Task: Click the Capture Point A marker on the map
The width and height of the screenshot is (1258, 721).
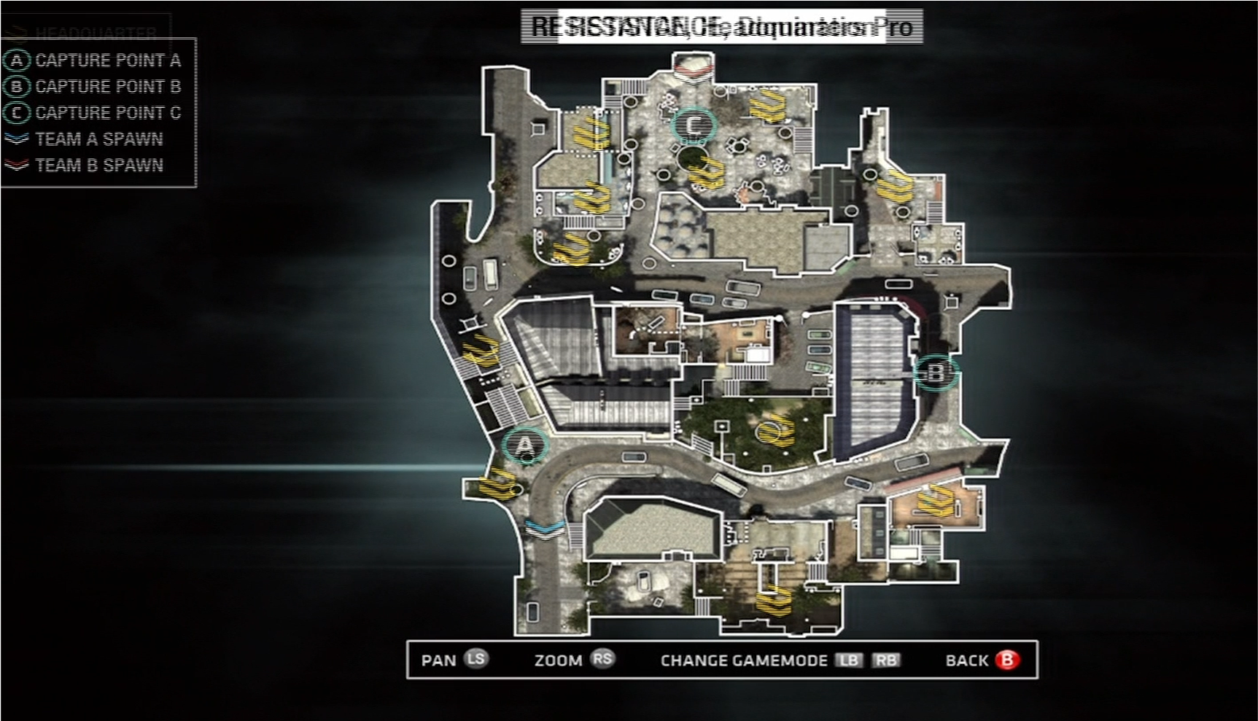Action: [525, 445]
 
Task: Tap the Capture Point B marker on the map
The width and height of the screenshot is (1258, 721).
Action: [936, 373]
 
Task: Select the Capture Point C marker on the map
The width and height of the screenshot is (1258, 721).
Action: [694, 126]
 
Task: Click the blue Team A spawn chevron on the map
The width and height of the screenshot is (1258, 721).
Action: [544, 527]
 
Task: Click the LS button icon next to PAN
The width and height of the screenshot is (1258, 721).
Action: [475, 659]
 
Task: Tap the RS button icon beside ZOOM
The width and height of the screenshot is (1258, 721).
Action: [602, 659]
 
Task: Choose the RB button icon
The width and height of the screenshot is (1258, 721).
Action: [885, 660]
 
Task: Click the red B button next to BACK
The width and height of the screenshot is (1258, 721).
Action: [1007, 660]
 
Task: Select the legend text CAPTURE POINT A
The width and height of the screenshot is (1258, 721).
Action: [108, 61]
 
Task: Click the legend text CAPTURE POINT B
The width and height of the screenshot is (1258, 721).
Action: [108, 87]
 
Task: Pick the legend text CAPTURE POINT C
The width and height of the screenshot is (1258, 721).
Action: [108, 113]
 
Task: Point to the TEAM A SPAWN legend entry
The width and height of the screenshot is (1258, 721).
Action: [99, 139]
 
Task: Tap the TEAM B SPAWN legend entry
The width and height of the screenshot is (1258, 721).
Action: [99, 165]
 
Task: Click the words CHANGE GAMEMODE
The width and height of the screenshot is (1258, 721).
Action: [743, 660]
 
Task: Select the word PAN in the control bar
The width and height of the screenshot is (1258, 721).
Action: [438, 660]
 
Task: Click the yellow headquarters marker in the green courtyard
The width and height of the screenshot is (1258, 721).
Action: [775, 428]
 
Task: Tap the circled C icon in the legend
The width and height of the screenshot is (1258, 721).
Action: [17, 113]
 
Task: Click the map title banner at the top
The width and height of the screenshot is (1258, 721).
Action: [721, 27]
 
